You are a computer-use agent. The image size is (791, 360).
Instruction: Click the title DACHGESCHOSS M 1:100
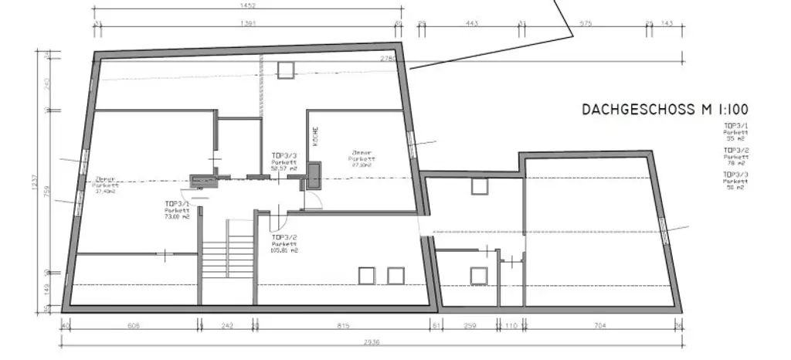pos(665,110)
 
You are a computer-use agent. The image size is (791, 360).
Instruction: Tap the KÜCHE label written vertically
pos(315,137)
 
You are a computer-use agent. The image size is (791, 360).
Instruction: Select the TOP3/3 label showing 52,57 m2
pos(283,161)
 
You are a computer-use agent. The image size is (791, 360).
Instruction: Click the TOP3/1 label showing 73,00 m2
pos(176,211)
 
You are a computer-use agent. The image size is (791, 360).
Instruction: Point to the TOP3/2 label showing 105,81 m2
pos(283,244)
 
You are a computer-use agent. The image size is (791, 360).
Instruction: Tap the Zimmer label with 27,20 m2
pos(362,158)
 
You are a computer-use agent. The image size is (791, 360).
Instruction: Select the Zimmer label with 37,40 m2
pos(104,184)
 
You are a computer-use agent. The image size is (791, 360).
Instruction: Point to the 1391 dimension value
pos(249,24)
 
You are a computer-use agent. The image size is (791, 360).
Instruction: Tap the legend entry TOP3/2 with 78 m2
pos(735,156)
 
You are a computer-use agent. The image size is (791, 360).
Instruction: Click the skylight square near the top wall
pos(286,70)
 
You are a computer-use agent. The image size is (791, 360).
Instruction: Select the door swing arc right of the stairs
pos(314,199)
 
